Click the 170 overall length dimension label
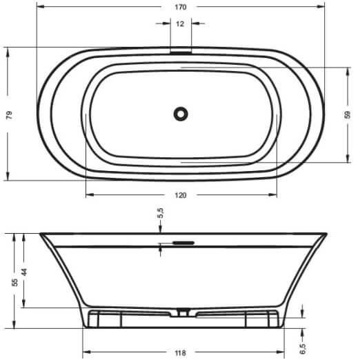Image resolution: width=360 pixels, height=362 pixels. [x=181, y=7]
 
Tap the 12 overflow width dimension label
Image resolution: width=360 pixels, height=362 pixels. [x=180, y=23]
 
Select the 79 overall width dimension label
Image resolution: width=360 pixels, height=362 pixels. [x=9, y=114]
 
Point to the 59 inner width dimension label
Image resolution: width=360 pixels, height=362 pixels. [x=348, y=114]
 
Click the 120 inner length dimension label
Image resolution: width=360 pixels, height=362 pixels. [x=181, y=195]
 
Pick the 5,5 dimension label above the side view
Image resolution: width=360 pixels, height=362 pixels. [x=160, y=213]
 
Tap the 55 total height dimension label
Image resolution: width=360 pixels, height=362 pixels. [x=14, y=282]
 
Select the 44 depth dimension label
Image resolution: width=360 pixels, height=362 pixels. [x=24, y=272]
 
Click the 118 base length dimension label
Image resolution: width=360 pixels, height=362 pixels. [x=181, y=353]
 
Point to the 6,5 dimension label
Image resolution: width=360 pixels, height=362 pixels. [x=303, y=349]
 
